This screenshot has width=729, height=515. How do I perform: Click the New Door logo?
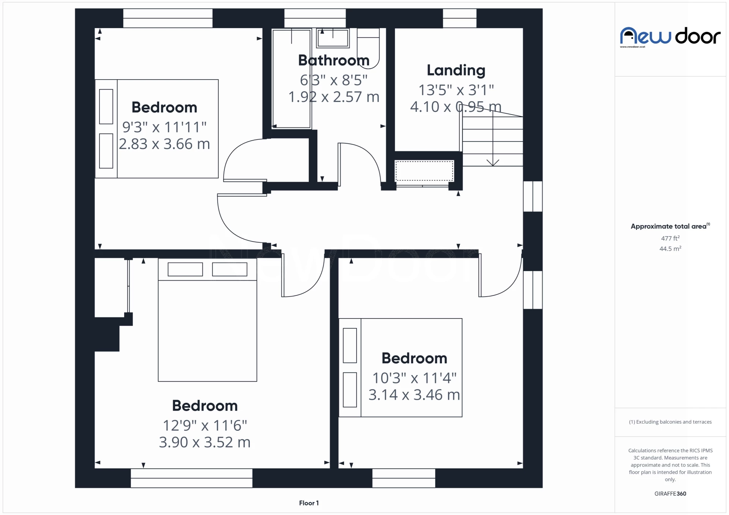670,37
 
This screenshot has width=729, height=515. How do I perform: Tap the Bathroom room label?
334,60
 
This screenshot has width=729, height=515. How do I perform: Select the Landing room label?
456,71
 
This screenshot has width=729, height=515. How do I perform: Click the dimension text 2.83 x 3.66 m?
164,144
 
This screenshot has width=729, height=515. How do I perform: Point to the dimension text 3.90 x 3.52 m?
205,442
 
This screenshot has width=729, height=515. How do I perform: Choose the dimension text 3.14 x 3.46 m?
414,395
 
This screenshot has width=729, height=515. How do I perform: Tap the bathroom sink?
333,38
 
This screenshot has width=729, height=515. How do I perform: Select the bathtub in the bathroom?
292,79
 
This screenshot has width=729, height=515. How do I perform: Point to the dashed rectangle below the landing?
424,171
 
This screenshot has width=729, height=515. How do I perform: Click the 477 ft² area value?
670,238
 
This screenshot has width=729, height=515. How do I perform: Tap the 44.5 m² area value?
670,249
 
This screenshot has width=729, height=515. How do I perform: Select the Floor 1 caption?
309,503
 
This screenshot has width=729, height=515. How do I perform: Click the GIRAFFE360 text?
670,494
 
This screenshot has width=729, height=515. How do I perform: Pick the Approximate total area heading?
670,226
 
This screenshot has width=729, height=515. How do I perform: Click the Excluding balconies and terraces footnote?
670,422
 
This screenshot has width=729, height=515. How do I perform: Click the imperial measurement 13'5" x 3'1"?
456,90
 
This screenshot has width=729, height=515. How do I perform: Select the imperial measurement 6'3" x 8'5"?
334,80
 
